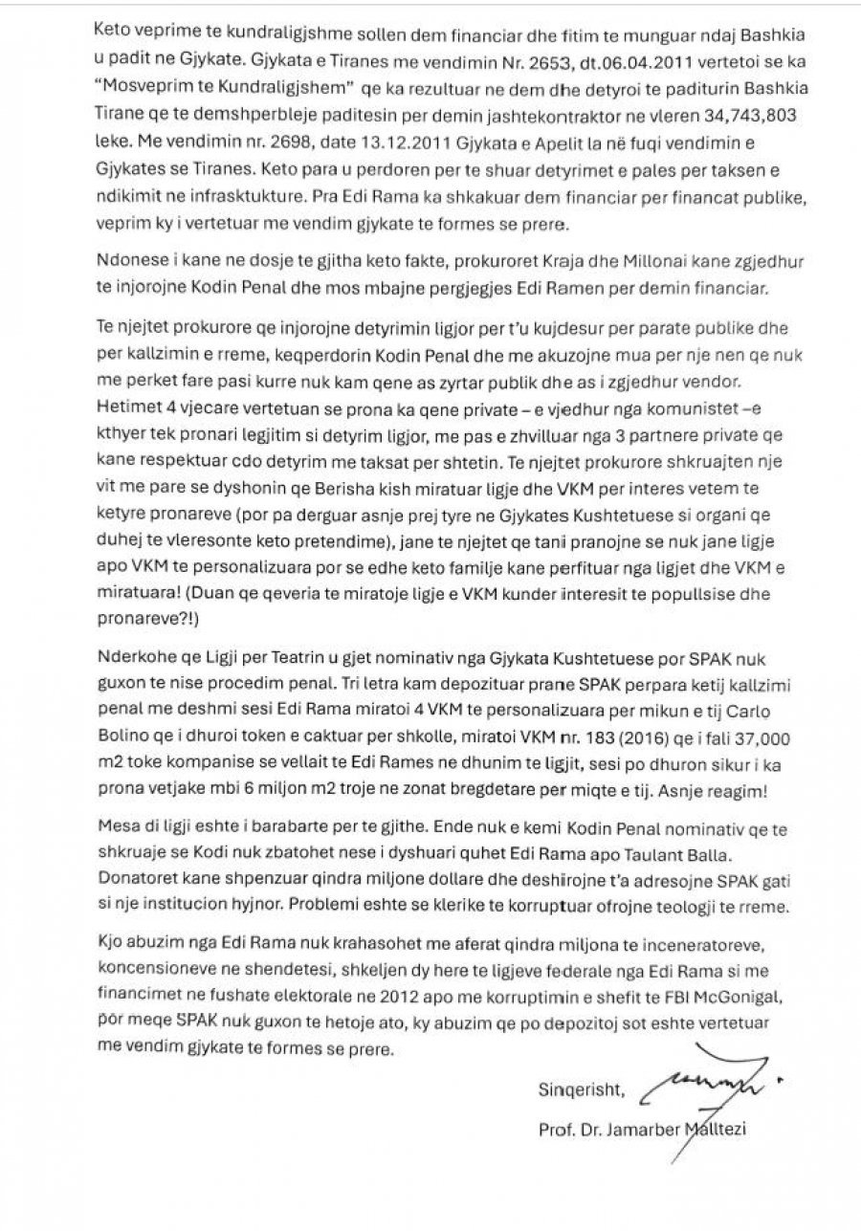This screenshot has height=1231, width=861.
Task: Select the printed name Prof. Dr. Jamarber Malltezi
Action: pyautogui.click(x=641, y=1131)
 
